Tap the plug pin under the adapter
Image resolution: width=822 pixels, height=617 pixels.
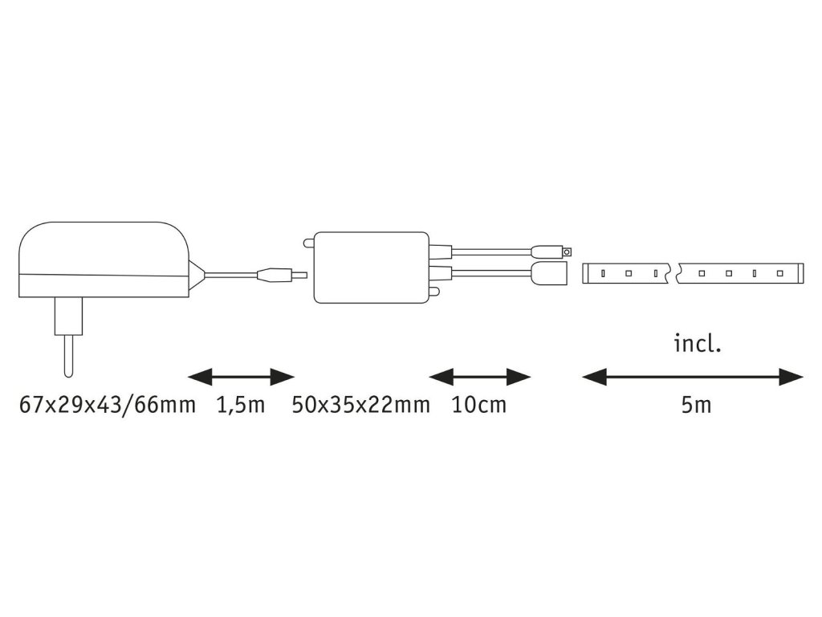(65, 353)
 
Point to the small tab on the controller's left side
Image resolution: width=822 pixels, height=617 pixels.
(308, 242)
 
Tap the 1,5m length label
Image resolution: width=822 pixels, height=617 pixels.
(240, 405)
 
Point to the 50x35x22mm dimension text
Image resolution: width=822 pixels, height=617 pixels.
(360, 405)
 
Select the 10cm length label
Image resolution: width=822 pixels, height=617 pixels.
(479, 405)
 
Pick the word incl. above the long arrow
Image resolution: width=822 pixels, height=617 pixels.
(698, 345)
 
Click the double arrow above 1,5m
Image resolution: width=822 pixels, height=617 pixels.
(241, 376)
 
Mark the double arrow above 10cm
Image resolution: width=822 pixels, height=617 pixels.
(480, 376)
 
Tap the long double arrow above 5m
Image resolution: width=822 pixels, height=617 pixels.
(692, 376)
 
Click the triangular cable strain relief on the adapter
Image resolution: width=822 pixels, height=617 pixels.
(196, 274)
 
